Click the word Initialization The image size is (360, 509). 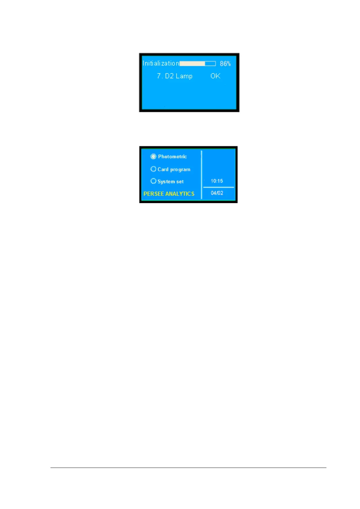(x=161, y=63)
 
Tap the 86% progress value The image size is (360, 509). (x=225, y=63)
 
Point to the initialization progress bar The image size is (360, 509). (x=197, y=63)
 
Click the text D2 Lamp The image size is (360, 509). (x=179, y=76)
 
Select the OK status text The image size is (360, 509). (x=215, y=76)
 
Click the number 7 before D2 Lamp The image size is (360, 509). (x=159, y=76)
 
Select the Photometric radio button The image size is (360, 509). (x=153, y=157)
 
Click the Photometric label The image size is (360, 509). (x=172, y=157)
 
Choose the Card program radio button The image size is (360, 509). (x=153, y=169)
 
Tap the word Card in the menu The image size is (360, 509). (x=163, y=169)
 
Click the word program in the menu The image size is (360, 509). (x=180, y=170)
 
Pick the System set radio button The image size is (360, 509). (x=153, y=181)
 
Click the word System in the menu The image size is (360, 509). (x=166, y=182)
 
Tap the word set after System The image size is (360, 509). (x=180, y=182)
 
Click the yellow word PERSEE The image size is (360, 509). (x=154, y=194)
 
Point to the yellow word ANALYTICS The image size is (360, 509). (x=180, y=194)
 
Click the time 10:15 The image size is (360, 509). (x=217, y=181)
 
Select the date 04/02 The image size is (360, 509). (x=217, y=193)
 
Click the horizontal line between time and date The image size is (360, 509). (x=219, y=187)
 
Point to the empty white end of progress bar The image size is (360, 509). (x=210, y=63)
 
